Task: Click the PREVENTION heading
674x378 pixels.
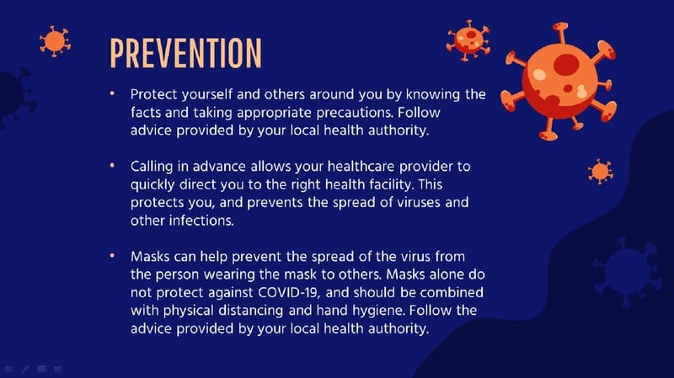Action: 185,53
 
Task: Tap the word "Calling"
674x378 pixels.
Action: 152,167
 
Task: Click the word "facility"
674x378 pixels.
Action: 391,184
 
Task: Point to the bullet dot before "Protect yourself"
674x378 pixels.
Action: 112,93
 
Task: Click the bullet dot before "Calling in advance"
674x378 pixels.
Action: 112,165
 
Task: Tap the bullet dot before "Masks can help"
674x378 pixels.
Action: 112,256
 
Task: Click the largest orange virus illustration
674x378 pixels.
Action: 559,82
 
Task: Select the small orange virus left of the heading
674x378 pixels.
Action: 55,41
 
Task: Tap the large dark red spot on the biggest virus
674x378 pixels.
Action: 566,65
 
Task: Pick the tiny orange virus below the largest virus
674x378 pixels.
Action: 601,172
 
